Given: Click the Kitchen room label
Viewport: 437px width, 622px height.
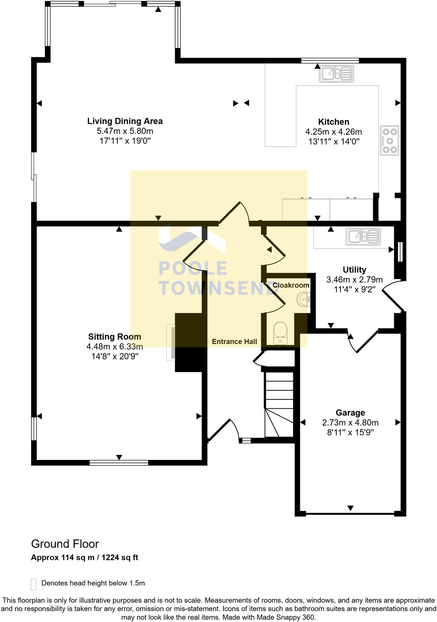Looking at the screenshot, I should point(333,122).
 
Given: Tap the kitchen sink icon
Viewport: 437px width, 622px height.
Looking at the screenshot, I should point(336,73).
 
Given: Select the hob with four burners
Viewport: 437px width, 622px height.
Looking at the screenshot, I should point(390,141).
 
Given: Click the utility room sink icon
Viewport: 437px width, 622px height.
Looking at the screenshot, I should point(363,236).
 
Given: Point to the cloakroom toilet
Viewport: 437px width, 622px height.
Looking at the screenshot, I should point(280,332).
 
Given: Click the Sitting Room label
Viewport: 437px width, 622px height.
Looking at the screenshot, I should point(114,337).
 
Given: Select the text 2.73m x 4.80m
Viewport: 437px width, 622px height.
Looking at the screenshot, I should point(350,423).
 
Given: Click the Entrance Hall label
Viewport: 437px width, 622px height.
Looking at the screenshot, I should point(234,342).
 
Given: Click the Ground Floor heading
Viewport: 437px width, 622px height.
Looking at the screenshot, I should point(65,544).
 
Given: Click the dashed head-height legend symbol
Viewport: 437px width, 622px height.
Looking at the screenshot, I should point(34,584).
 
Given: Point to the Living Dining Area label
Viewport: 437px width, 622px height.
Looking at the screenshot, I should point(125,121).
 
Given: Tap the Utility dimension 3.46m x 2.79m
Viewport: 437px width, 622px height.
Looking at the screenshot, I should point(354,280).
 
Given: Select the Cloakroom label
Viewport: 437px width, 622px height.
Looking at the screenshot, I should point(291,285).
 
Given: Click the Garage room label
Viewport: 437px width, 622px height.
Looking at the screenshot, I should point(350,413).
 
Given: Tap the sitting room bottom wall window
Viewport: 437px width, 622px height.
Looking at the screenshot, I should point(119,462).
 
